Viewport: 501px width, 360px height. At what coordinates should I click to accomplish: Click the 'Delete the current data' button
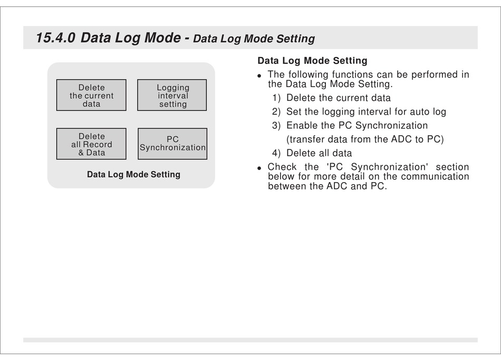(x=91, y=95)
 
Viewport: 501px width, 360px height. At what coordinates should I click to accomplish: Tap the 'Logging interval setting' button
(x=172, y=95)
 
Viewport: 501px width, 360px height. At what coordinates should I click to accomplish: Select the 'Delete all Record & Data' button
(x=91, y=144)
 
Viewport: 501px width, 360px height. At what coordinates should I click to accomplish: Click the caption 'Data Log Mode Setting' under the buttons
(x=133, y=175)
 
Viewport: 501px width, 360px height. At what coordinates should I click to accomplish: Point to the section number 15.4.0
(x=55, y=37)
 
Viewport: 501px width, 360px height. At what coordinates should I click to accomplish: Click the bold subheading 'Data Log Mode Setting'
(x=313, y=61)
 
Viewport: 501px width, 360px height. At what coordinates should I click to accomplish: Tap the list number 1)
(x=276, y=98)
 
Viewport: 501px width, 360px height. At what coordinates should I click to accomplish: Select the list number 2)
(x=276, y=112)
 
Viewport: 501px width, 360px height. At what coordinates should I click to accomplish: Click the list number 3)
(x=276, y=126)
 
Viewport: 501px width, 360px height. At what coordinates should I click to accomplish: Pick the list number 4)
(x=276, y=153)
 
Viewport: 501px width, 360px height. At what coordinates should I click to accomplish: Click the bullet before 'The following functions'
(x=259, y=76)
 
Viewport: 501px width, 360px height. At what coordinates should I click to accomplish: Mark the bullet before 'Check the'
(x=259, y=168)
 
